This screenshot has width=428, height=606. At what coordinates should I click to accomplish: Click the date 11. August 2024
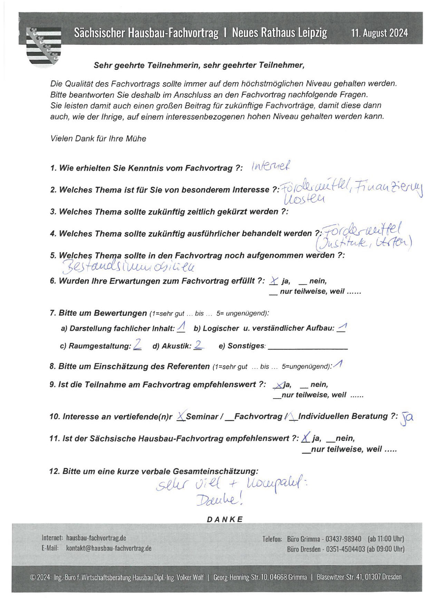pyautogui.click(x=379, y=33)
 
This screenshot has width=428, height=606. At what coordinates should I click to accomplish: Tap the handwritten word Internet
pyautogui.click(x=271, y=167)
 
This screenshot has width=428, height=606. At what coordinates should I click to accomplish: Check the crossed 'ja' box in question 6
pyautogui.click(x=273, y=281)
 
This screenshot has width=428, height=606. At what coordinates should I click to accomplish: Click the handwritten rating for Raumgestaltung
pyautogui.click(x=137, y=345)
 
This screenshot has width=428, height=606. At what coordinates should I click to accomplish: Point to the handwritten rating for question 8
pyautogui.click(x=338, y=365)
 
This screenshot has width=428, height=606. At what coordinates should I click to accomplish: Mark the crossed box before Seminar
pyautogui.click(x=181, y=417)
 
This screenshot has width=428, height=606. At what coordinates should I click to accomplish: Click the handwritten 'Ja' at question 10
pyautogui.click(x=407, y=418)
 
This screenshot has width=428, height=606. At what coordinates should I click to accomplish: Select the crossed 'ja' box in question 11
pyautogui.click(x=305, y=438)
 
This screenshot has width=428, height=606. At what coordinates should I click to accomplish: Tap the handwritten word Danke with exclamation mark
pyautogui.click(x=219, y=500)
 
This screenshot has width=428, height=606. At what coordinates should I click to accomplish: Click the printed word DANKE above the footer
pyautogui.click(x=225, y=519)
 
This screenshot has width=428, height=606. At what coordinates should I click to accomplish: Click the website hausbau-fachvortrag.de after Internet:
pyautogui.click(x=96, y=538)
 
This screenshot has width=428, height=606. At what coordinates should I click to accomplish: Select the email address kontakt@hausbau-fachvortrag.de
pyautogui.click(x=109, y=548)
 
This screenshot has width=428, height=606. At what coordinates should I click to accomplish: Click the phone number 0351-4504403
pyautogui.click(x=346, y=549)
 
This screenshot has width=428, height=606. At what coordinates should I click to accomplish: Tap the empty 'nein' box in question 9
pyautogui.click(x=304, y=385)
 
